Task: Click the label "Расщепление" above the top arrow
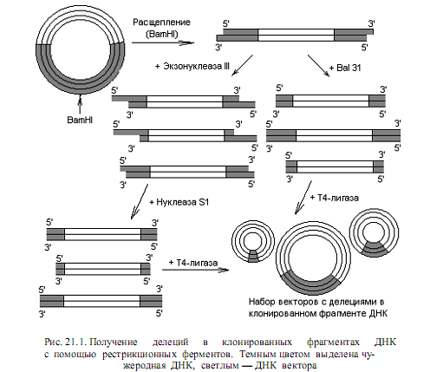point(161,23)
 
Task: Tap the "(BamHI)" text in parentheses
point(162,34)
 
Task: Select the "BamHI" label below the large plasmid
point(80,120)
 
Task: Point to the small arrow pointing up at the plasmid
point(80,104)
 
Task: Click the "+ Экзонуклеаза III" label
point(192,66)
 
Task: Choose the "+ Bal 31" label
point(345,68)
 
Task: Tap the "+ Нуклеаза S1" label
point(179,202)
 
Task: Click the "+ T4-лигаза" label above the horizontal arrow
point(193,263)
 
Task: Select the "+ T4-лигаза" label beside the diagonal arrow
point(335,198)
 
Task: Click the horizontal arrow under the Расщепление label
point(163,43)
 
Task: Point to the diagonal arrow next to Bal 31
point(318,66)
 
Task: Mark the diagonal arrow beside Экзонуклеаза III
point(242,66)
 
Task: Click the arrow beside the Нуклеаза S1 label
point(140,202)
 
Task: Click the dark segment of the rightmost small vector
point(374,250)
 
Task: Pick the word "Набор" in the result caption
point(263,302)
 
